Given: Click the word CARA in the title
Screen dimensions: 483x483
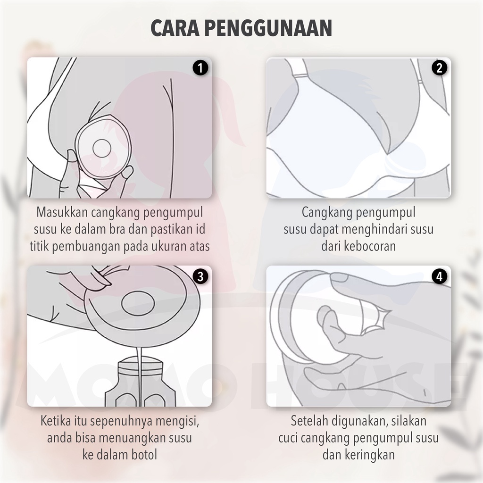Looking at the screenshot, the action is tap(175, 28).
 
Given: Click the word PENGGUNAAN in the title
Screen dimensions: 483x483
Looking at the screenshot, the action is tap(268, 28).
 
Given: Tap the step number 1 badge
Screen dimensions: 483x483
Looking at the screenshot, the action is tap(200, 68).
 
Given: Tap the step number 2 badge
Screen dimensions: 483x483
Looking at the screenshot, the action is tap(439, 68).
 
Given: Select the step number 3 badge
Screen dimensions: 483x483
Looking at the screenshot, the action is tap(200, 276).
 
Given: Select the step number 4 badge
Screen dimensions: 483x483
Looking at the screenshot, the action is tap(439, 276).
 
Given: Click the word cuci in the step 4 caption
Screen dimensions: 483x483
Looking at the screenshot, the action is tap(288, 438).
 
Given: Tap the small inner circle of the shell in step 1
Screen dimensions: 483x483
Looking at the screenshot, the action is tap(102, 148).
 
